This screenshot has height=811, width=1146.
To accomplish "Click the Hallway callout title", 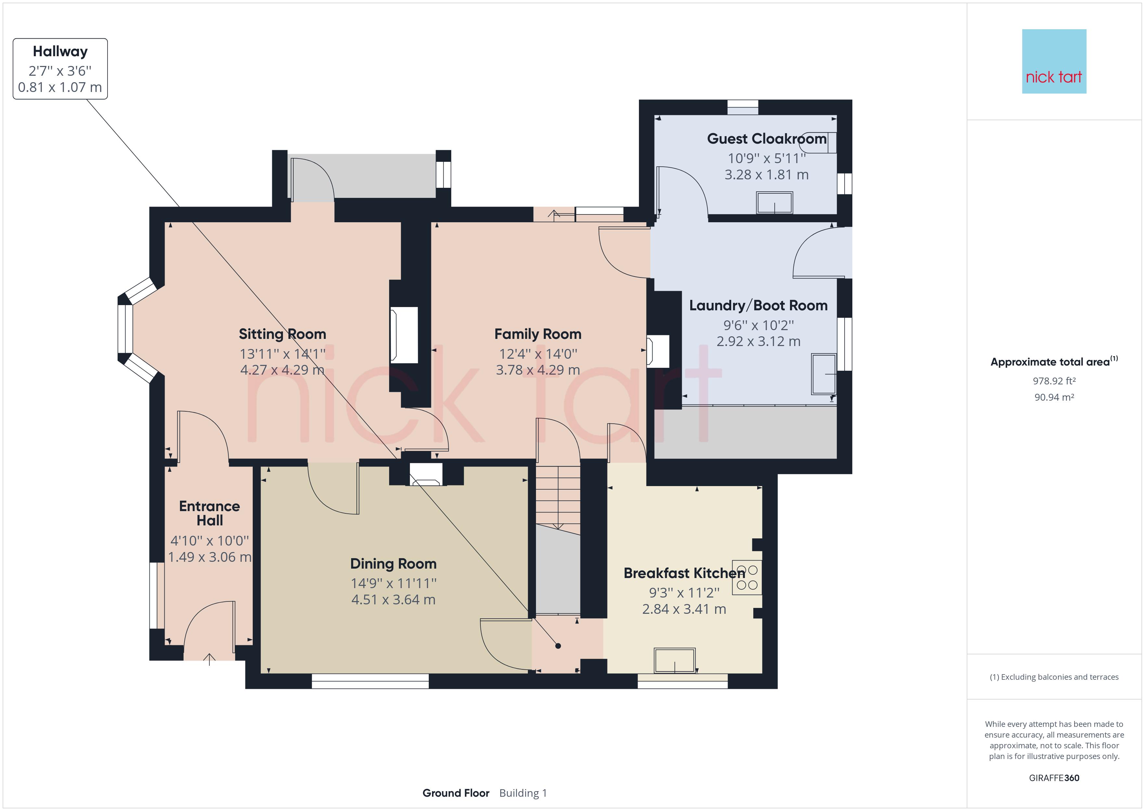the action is pyautogui.click(x=60, y=51).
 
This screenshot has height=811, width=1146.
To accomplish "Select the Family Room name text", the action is pyautogui.click(x=538, y=334).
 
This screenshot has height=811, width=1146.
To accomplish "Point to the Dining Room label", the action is pyautogui.click(x=393, y=563).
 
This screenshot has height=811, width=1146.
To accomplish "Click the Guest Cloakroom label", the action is pyautogui.click(x=767, y=138).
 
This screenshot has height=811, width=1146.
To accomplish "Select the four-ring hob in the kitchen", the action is pyautogui.click(x=747, y=577).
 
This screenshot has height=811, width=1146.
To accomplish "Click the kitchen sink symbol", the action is pyautogui.click(x=675, y=660).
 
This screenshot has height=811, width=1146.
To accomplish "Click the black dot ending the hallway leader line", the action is pyautogui.click(x=558, y=646).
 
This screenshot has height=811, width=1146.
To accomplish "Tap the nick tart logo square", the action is pyautogui.click(x=1054, y=61).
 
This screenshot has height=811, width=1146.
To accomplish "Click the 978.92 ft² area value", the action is pyautogui.click(x=1054, y=381).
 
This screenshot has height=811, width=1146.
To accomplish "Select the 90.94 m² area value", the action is pyautogui.click(x=1054, y=397).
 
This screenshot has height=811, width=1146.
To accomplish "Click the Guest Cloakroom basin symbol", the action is pyautogui.click(x=775, y=203).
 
